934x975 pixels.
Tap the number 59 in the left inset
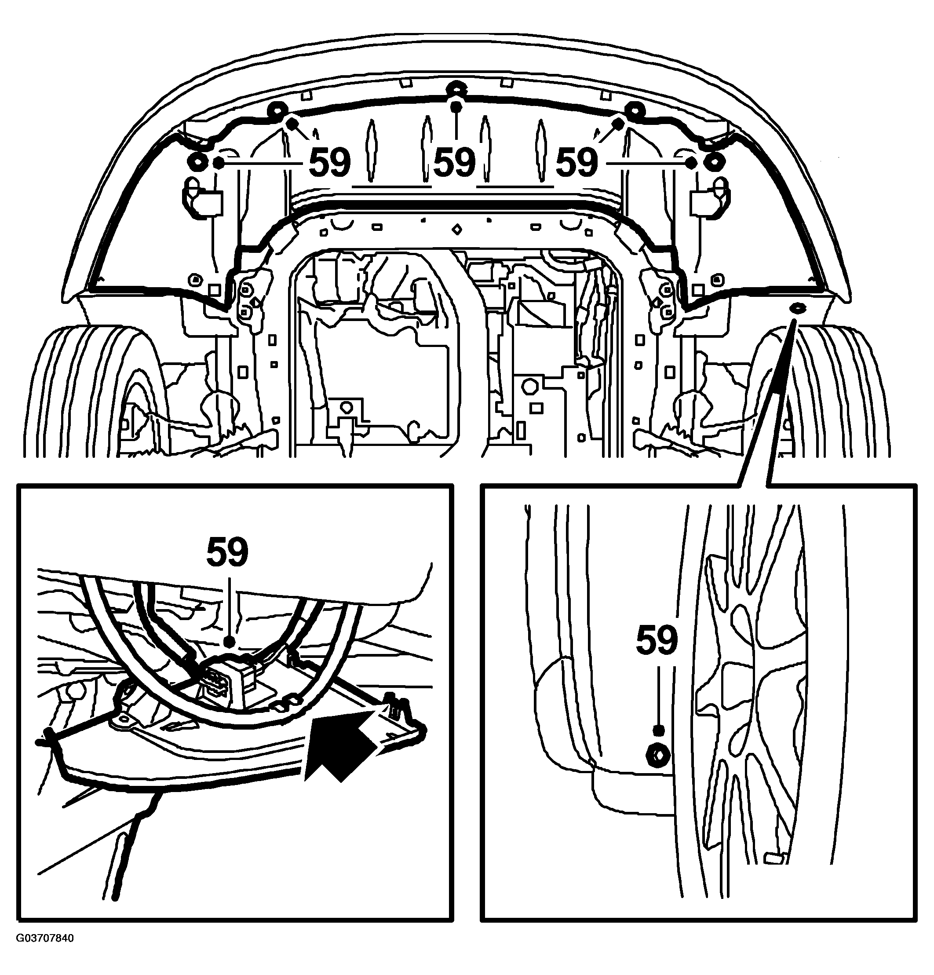click(227, 551)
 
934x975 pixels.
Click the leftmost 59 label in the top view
click(329, 163)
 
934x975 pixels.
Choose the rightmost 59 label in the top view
click(576, 163)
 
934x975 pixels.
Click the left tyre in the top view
click(95, 391)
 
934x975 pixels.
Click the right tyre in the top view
click(821, 391)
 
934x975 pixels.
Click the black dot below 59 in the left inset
click(229, 642)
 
